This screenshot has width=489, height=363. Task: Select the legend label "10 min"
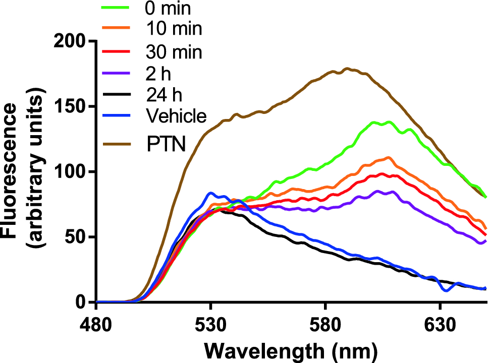pos(174,29)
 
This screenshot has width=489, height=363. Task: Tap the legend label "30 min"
pos(174,51)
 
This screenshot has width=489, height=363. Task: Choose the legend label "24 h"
pos(163,94)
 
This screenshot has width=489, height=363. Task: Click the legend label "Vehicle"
pos(176,116)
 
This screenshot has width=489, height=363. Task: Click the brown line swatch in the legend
pos(119,145)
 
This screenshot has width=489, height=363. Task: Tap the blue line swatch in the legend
pos(119,116)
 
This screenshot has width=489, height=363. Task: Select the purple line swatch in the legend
pos(119,73)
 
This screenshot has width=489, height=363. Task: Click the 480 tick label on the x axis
pos(96,323)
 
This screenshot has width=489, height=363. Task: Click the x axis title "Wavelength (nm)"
pos(291,349)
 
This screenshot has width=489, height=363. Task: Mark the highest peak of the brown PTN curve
pos(347,68)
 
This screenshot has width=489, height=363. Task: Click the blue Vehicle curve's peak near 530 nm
pos(211,193)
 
